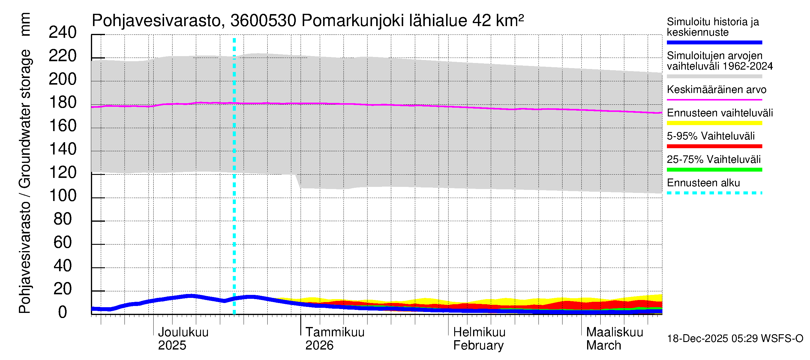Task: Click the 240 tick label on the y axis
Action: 63,33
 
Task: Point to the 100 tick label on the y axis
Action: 63,196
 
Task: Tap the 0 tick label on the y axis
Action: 63,312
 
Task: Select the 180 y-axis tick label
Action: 63,103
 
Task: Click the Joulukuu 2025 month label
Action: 183,339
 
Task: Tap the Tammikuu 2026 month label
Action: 334,339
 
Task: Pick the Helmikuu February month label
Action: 479,339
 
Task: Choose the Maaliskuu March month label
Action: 614,339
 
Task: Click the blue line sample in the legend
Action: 714,42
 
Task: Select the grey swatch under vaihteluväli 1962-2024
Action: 714,76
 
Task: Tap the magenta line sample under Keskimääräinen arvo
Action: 714,100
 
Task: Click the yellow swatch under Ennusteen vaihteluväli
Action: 714,123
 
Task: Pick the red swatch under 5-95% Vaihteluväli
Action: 714,146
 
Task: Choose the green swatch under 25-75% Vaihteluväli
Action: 714,170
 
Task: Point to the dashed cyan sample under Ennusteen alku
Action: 714,193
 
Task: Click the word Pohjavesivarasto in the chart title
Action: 156,21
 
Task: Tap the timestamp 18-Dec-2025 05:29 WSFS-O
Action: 735,339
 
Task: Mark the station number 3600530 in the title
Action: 263,21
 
